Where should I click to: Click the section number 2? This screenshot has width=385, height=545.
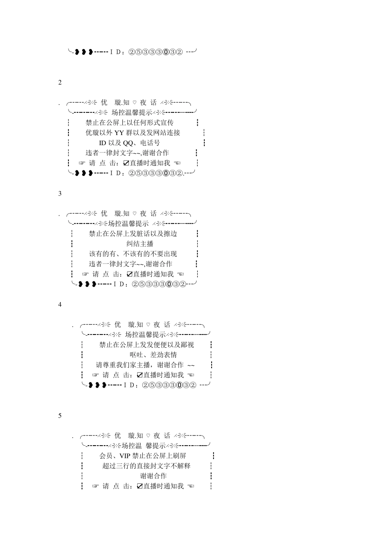pyautogui.click(x=60, y=82)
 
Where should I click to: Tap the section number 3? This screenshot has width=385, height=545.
pyautogui.click(x=60, y=193)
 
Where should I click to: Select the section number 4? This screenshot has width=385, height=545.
pyautogui.click(x=60, y=304)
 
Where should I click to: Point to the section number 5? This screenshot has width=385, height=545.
pyautogui.click(x=60, y=415)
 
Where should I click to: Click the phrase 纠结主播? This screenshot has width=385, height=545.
pyautogui.click(x=140, y=244)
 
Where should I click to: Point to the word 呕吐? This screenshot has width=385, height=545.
pyautogui.click(x=137, y=355)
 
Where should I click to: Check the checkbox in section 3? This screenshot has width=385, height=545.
pyautogui.click(x=130, y=274)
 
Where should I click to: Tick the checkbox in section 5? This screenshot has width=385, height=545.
pyautogui.click(x=140, y=486)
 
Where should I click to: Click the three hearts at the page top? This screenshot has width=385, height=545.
pyautogui.click(x=84, y=52)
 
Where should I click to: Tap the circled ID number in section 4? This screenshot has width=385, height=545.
pyautogui.click(x=169, y=385)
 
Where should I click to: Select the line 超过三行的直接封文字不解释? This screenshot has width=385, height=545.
pyautogui.click(x=146, y=466)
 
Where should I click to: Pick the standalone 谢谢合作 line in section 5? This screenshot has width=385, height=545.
pyautogui.click(x=153, y=476)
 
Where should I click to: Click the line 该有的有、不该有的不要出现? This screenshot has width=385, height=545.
pyautogui.click(x=133, y=254)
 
